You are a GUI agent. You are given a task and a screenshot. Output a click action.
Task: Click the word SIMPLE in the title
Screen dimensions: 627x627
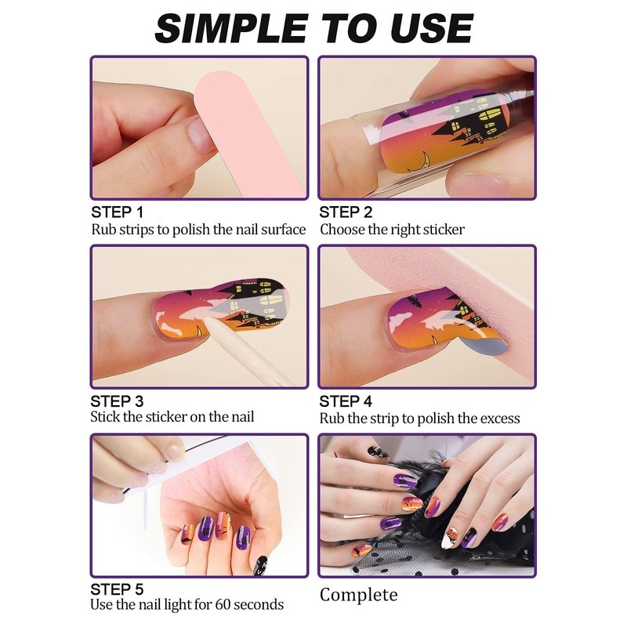(231, 28)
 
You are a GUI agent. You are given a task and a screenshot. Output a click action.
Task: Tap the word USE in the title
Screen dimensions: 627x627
(432, 28)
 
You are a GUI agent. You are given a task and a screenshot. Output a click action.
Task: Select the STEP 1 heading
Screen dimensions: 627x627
(117, 212)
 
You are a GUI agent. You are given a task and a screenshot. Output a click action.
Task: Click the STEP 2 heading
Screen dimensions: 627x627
(346, 212)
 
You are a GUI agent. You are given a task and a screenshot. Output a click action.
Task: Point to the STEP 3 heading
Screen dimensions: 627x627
(117, 401)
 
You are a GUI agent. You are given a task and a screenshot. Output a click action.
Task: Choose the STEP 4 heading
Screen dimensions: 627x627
(346, 401)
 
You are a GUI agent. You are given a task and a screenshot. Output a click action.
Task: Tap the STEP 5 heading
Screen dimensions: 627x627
(117, 589)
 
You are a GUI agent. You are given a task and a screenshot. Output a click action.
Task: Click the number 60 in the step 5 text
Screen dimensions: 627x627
(223, 604)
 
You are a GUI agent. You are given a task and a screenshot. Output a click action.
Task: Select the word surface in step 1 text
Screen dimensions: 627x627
(283, 230)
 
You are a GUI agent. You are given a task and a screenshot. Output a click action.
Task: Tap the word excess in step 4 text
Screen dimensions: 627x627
(500, 419)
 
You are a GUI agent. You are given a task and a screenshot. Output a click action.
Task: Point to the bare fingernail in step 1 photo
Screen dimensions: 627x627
(200, 134)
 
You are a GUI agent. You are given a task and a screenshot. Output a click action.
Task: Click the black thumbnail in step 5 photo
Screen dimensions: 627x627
(260, 565)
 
